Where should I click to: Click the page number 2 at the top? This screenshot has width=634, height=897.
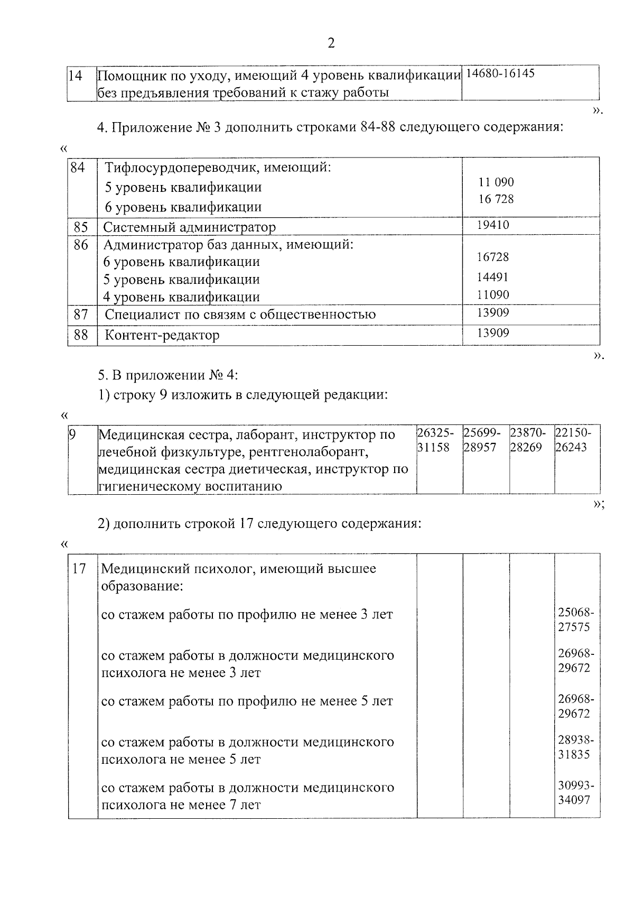coord(331,43)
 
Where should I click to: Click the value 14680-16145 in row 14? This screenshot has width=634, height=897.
coord(500,73)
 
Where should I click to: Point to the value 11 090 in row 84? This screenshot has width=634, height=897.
coord(496,182)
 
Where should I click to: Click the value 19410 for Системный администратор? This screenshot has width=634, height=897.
coord(493,226)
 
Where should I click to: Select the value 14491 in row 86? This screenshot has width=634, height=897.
coord(493,277)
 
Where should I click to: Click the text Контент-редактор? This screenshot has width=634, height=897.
coord(162,336)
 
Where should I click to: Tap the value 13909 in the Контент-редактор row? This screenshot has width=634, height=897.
coord(493,333)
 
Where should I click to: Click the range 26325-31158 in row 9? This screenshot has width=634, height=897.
coord(435,440)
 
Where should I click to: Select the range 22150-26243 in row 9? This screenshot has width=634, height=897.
coord(574,440)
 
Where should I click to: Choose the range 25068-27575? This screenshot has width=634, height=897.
coord(576,620)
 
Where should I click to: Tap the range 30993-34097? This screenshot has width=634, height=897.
coord(576,793)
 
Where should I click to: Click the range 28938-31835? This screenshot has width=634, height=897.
coord(576,747)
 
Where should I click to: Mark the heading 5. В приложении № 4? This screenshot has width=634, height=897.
coord(168,376)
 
